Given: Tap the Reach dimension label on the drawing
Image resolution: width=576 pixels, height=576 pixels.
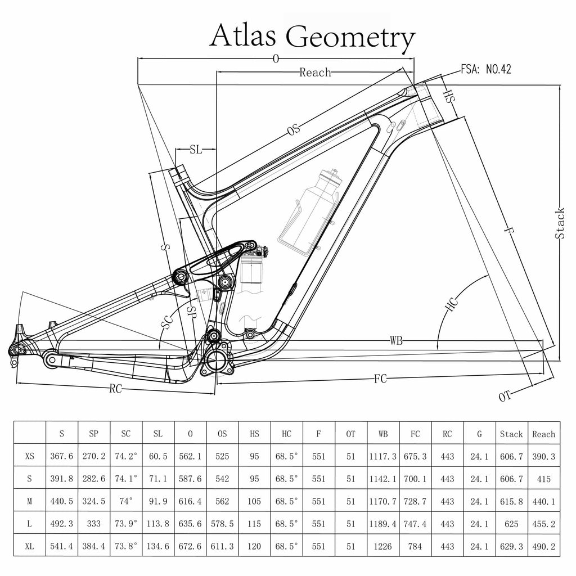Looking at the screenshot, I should coord(315,72).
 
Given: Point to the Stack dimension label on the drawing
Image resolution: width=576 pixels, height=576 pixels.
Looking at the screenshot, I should coord(560,223).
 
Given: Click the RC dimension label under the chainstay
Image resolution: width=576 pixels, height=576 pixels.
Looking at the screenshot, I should coord(116,389).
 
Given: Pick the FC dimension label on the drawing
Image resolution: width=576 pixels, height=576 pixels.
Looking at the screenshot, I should coord(381,379).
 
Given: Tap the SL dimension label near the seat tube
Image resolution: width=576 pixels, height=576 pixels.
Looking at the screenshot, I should coord(196,150).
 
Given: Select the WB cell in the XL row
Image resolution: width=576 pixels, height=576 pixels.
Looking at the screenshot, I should coord(383,546).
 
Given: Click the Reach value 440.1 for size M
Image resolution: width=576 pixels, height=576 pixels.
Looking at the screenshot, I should coord(543,501).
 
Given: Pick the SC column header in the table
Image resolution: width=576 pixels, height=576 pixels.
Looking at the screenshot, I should coord(126,434).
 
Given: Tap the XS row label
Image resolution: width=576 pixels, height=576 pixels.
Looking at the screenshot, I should coord(30,456).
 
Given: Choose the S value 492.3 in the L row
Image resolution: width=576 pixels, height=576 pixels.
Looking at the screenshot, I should coord(62,524).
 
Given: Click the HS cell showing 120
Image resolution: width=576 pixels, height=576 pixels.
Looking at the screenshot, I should coord(254,546).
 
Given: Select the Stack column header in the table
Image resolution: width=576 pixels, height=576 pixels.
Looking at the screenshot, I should coord(511,434).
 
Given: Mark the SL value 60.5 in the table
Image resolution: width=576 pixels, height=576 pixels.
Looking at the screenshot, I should coord(158,456).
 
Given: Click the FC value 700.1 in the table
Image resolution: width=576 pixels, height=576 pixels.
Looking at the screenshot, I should coord(415,479).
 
